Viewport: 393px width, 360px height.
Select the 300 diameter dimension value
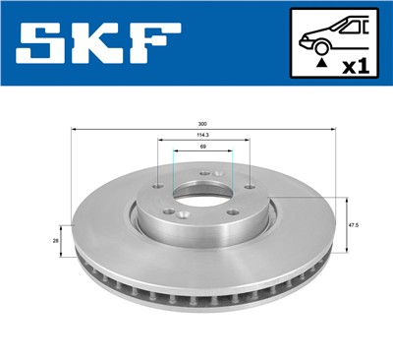pyautogui.click(x=201, y=124)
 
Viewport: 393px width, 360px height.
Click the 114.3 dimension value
pyautogui.click(x=201, y=137)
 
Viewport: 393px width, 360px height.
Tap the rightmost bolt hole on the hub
pyautogui.click(x=250, y=189)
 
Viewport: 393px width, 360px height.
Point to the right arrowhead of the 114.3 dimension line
pyautogui.click(x=248, y=143)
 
